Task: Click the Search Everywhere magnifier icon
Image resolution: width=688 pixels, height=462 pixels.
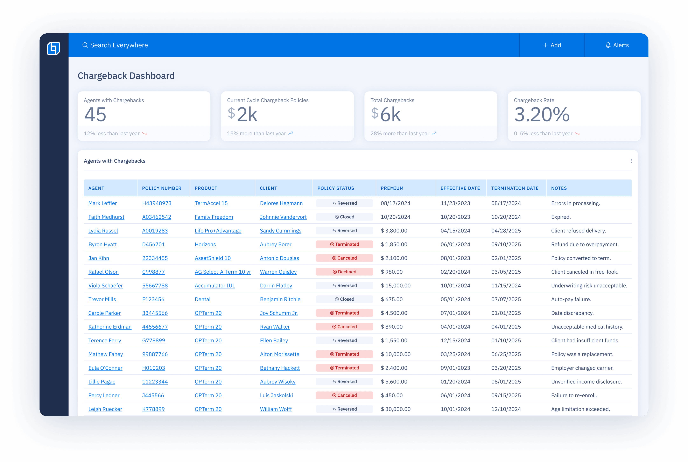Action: [85, 45]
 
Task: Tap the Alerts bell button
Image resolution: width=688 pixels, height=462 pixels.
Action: [617, 45]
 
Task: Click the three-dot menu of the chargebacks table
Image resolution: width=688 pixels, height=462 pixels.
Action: [631, 161]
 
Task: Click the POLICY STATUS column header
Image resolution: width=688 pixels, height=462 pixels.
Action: [336, 188]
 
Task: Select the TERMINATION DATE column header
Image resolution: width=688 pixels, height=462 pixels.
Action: [514, 188]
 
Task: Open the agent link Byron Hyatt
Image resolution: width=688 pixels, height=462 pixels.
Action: [102, 244]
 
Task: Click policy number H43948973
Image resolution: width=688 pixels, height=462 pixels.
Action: [156, 203]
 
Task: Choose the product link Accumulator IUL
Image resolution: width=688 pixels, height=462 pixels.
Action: [215, 286]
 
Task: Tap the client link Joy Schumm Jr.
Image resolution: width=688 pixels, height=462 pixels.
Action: [279, 313]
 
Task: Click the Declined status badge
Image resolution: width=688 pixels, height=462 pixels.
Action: [344, 272]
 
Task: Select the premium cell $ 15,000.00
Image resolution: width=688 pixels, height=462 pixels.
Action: [395, 286]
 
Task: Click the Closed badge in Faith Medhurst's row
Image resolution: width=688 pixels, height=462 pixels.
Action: [344, 217]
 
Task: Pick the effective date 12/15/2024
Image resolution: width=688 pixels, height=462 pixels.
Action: [455, 340]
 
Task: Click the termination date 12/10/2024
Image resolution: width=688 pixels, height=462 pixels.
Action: [506, 409]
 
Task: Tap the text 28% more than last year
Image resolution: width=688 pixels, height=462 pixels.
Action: [400, 133]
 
